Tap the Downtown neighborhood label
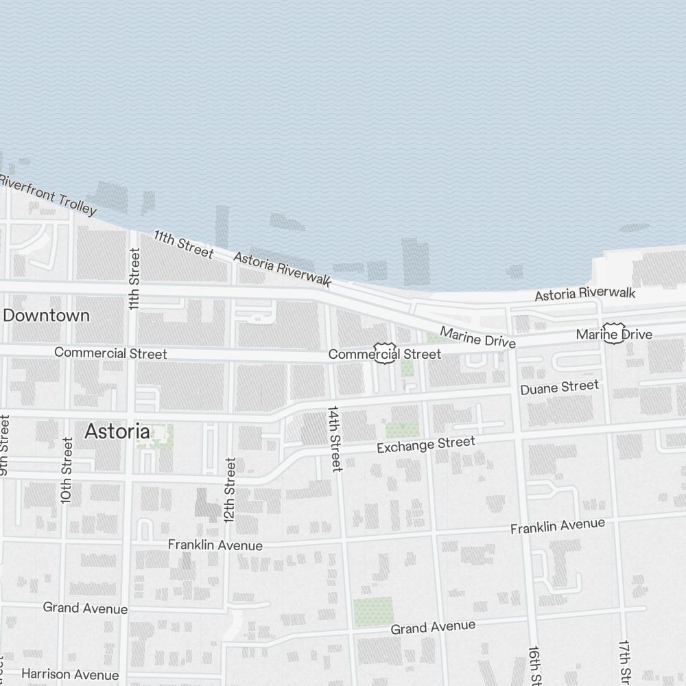click(47, 316)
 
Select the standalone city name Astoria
click(117, 431)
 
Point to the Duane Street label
click(559, 388)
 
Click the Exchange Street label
click(425, 445)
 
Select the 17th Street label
click(624, 662)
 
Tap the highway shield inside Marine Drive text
click(613, 333)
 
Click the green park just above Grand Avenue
click(373, 611)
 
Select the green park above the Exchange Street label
click(402, 429)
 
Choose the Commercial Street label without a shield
click(110, 353)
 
